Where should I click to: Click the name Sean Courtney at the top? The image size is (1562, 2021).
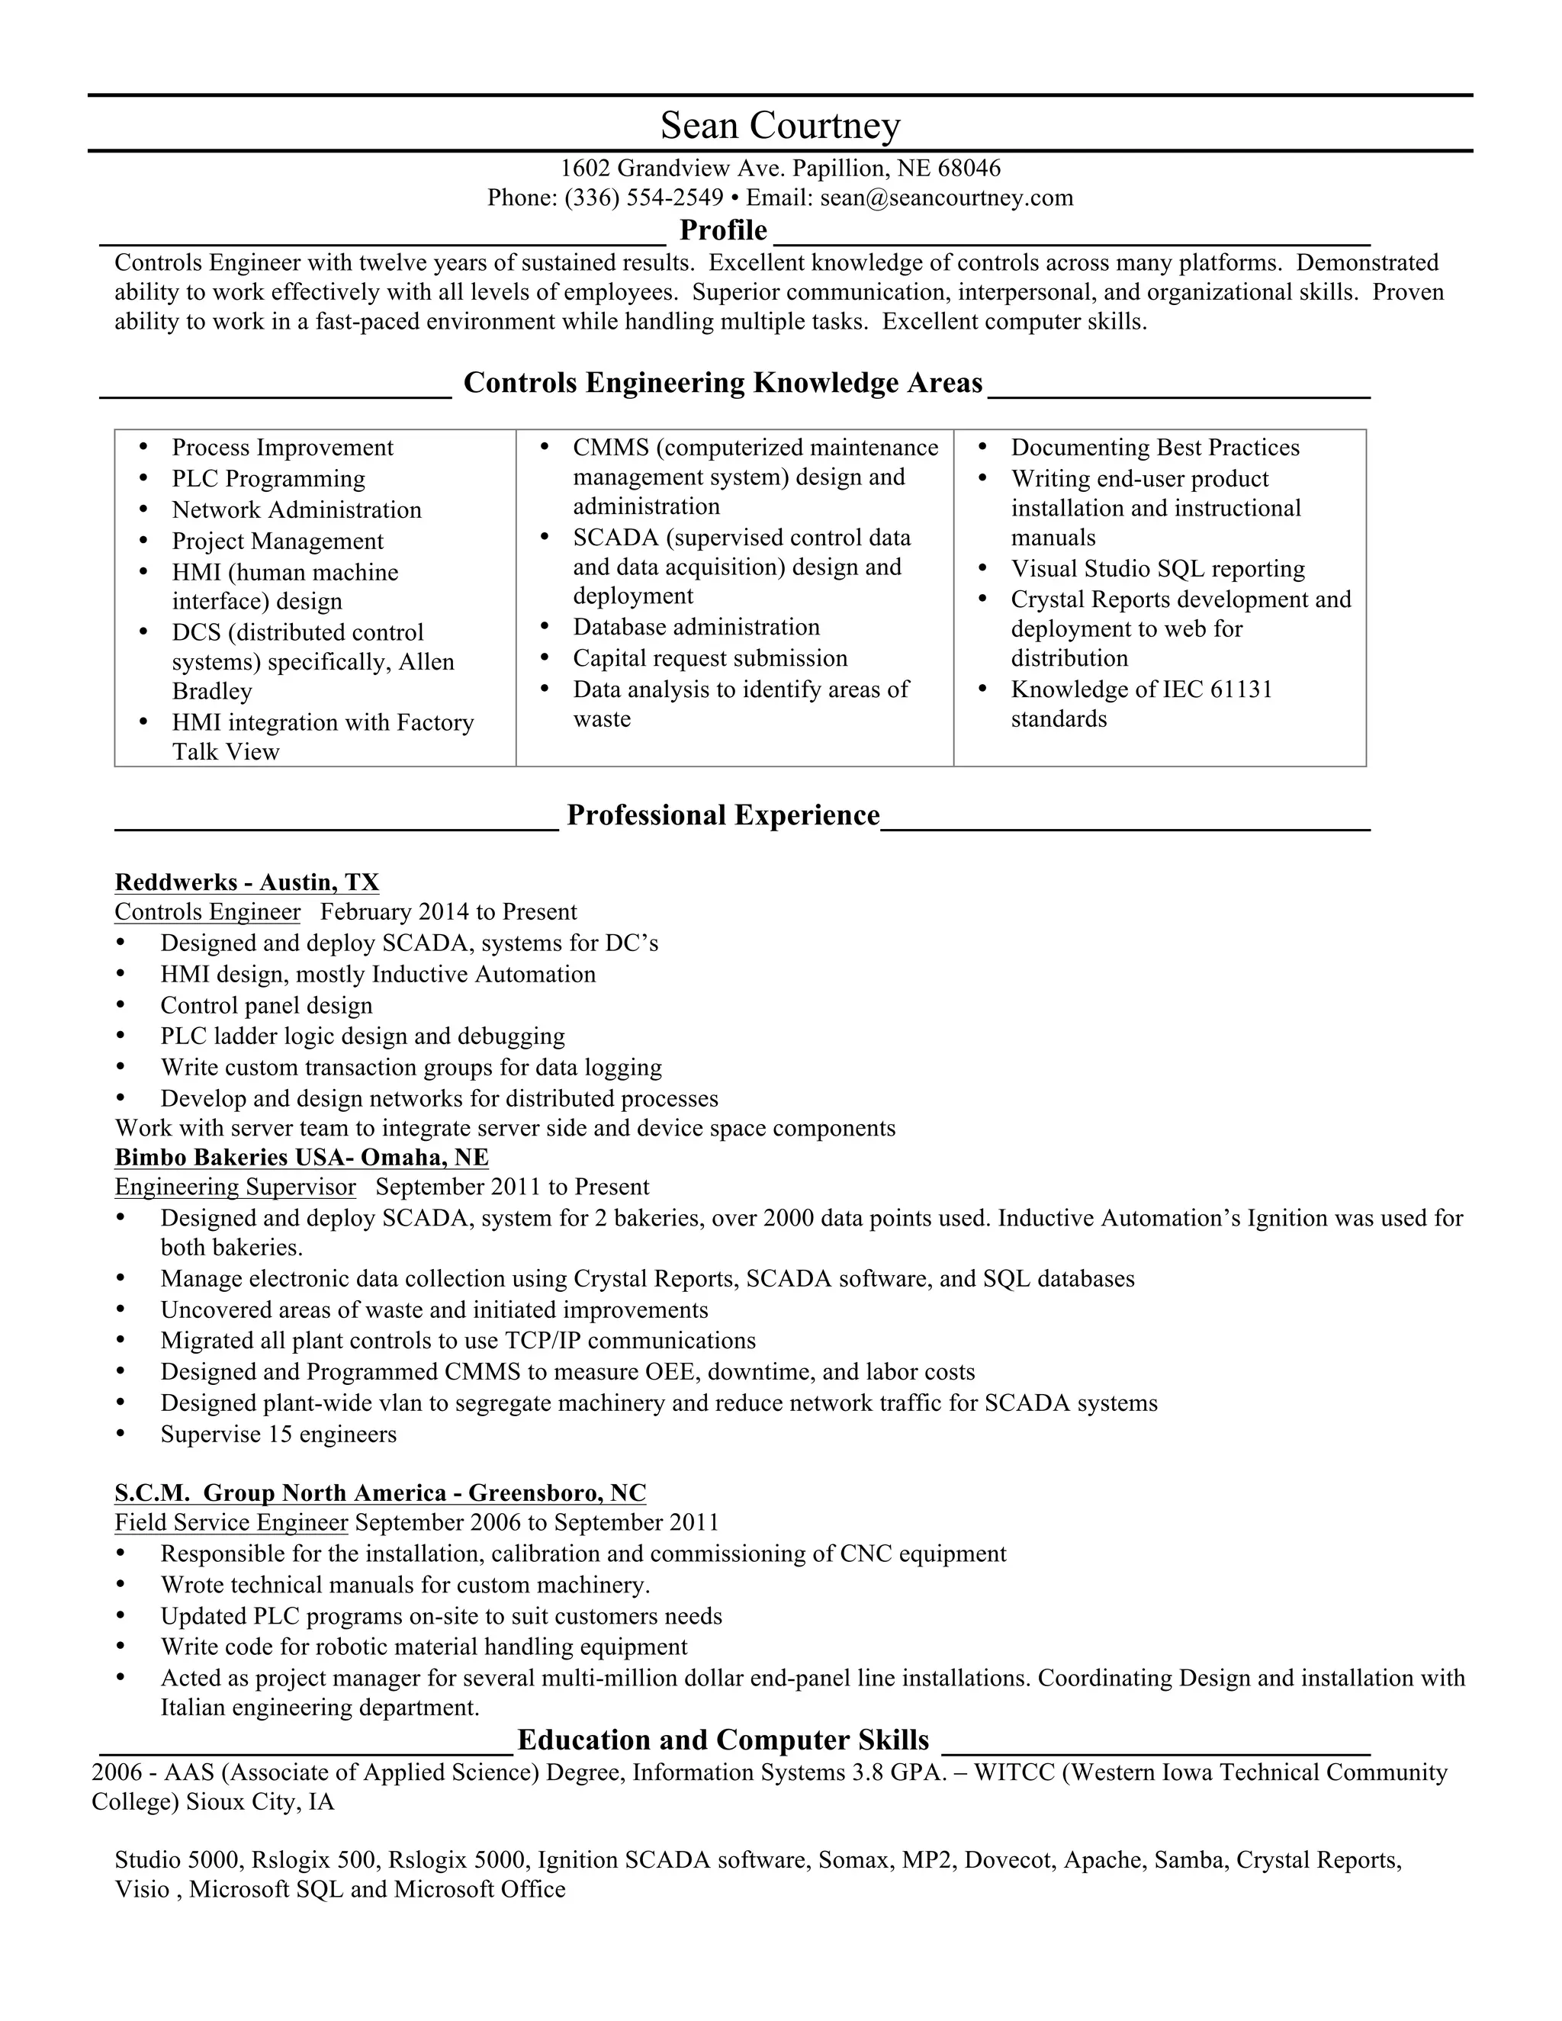click(x=780, y=125)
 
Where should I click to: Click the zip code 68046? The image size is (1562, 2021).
click(x=969, y=169)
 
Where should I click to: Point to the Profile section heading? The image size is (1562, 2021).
click(x=723, y=230)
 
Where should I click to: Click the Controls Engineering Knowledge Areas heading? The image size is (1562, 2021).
click(x=723, y=382)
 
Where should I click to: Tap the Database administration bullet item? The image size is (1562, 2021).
click(x=696, y=628)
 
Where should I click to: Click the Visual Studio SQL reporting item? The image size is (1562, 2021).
click(x=1158, y=569)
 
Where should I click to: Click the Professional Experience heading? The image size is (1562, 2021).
click(x=723, y=815)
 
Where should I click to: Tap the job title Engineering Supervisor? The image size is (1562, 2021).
click(x=235, y=1187)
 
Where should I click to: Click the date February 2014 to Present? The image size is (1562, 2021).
click(x=448, y=912)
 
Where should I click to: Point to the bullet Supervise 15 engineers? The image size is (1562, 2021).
click(x=278, y=1435)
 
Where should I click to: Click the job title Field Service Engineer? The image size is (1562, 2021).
click(x=231, y=1522)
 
